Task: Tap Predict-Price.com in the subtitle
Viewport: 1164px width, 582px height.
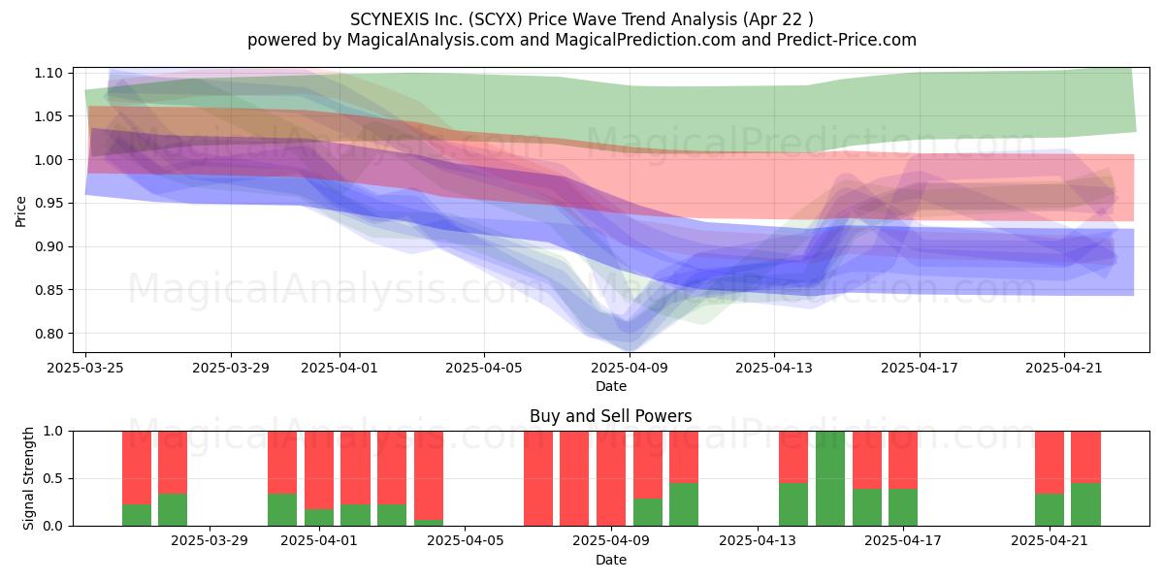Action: [847, 40]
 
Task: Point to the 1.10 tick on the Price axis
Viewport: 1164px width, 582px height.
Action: [48, 73]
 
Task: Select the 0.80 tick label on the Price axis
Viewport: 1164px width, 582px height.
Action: [48, 333]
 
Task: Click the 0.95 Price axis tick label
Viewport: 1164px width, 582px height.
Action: [48, 203]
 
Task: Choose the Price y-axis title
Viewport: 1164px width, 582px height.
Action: [20, 211]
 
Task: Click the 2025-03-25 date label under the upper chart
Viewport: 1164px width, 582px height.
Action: [85, 368]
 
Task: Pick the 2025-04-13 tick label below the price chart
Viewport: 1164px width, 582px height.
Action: [774, 368]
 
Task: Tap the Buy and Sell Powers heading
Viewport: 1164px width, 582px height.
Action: [610, 416]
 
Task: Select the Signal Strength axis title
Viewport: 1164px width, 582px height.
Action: [28, 478]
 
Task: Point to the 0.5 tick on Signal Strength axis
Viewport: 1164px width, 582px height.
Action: [53, 478]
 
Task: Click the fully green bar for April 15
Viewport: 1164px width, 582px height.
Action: [830, 478]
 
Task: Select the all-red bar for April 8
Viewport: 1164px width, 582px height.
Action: [574, 478]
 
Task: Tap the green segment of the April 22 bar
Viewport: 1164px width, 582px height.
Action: [1085, 504]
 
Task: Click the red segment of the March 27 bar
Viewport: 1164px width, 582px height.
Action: [137, 468]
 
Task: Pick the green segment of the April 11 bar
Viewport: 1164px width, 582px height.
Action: [684, 504]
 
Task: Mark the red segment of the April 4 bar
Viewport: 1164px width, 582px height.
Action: [429, 475]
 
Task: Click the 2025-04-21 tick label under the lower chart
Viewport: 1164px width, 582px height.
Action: [1050, 541]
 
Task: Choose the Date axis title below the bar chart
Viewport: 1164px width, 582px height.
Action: [610, 560]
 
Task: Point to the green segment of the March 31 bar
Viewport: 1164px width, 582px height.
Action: [282, 509]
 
